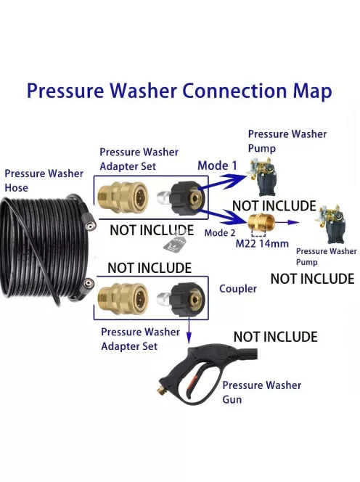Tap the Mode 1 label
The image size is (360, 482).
click(217, 166)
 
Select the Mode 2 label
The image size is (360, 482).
click(220, 233)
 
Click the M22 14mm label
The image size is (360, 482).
click(262, 243)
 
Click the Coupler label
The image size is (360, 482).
click(238, 289)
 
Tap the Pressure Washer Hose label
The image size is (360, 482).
click(44, 181)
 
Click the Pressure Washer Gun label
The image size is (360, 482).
click(261, 392)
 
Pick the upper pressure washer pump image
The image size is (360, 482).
click(263, 176)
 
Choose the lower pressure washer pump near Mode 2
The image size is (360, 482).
click(330, 224)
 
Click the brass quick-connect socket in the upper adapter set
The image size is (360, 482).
click(123, 197)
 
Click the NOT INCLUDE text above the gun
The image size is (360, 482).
click(276, 337)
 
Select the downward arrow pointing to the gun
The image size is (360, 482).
click(189, 331)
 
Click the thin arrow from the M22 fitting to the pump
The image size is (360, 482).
click(287, 222)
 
